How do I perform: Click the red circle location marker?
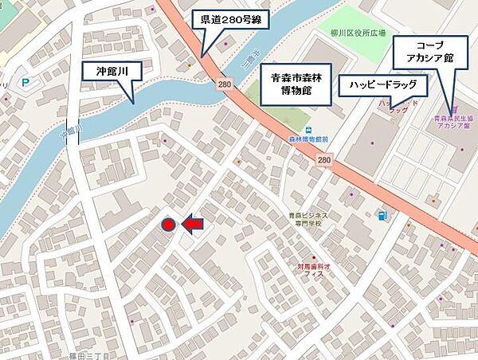point(168,225)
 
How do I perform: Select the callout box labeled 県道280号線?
point(229,22)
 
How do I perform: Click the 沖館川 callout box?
point(112,71)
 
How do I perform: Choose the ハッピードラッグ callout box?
point(382,83)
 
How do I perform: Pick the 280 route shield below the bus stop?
point(323,160)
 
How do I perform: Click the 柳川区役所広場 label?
point(358,33)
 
